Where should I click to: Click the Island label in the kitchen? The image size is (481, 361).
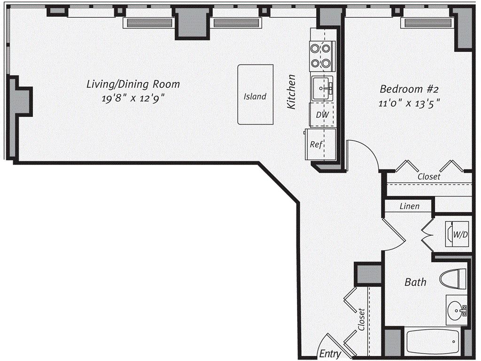click(255, 96)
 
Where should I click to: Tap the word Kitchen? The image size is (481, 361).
click(291, 92)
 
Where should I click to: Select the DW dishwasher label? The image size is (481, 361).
click(322, 115)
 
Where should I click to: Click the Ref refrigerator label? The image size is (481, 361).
click(316, 144)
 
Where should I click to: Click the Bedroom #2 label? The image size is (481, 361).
click(409, 89)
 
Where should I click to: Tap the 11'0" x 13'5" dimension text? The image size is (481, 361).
click(410, 103)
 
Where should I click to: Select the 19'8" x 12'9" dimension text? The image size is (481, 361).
click(133, 98)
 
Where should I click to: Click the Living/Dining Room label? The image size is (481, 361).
click(133, 84)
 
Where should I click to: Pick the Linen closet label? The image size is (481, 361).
click(409, 206)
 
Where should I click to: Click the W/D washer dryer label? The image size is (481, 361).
click(460, 235)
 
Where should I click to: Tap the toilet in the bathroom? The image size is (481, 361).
click(453, 279)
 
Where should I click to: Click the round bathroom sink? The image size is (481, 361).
click(456, 309)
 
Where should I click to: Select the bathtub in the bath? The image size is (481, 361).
click(433, 341)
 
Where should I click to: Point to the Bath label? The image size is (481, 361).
click(415, 282)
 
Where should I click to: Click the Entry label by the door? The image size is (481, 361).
click(330, 353)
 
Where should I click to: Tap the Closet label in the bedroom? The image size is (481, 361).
click(429, 177)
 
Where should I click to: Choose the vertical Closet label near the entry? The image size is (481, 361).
click(361, 320)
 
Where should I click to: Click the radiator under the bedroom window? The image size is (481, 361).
click(428, 23)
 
